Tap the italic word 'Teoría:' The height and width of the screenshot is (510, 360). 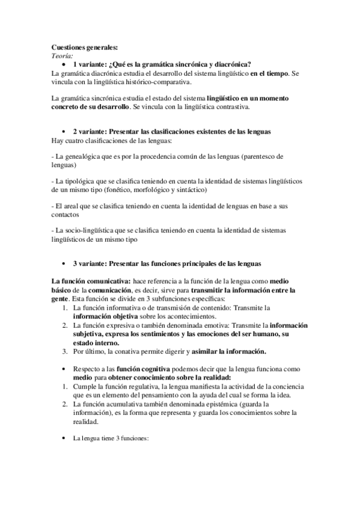point(63,56)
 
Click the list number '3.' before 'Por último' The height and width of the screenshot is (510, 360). point(66,351)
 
